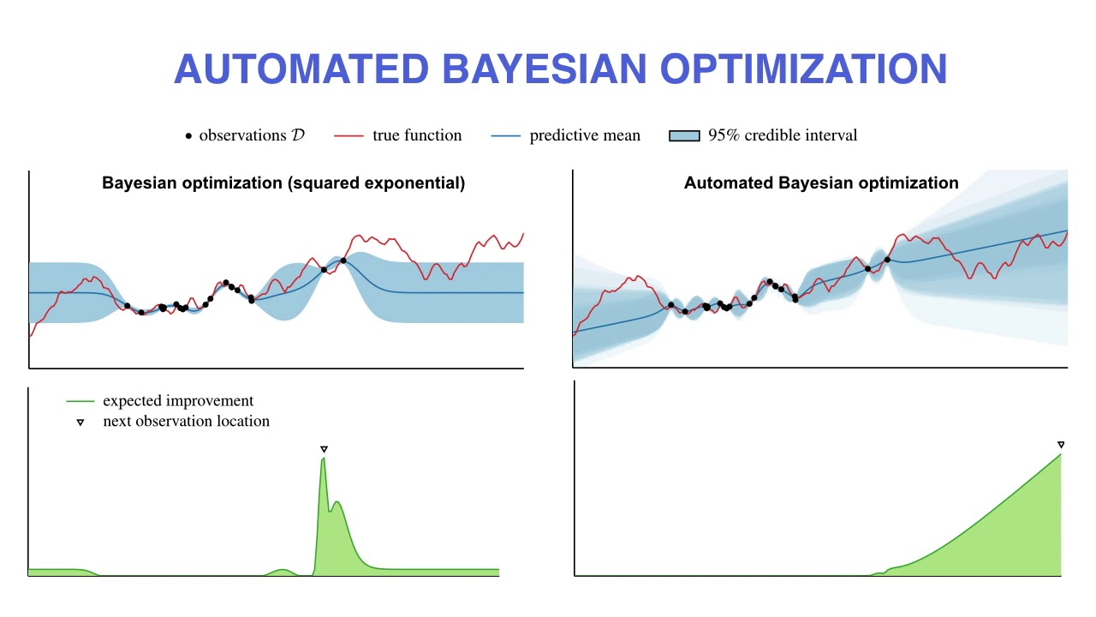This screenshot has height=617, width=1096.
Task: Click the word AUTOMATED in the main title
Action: tap(301, 69)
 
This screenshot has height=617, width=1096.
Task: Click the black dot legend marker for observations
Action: tap(188, 136)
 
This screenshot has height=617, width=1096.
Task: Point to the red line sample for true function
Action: tap(348, 136)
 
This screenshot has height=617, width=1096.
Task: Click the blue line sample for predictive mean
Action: tap(506, 136)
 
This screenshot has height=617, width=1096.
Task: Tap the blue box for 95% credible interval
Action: tap(684, 135)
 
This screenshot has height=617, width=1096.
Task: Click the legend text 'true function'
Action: tap(417, 135)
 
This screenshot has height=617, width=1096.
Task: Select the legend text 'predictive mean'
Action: tap(585, 135)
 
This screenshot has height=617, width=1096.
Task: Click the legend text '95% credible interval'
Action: tap(782, 135)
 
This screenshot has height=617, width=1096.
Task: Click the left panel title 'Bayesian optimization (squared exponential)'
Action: tap(283, 183)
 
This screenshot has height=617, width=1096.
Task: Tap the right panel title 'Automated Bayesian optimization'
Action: tap(821, 183)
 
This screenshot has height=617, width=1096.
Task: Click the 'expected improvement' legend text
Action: tap(178, 401)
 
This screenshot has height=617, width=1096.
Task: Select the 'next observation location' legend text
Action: tap(186, 422)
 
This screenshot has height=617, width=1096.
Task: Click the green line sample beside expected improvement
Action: tap(80, 401)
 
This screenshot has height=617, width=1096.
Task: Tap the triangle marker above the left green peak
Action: tap(324, 449)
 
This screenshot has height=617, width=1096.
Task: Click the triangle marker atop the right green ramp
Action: tap(1061, 445)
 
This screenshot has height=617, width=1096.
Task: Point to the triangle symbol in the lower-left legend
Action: tap(80, 422)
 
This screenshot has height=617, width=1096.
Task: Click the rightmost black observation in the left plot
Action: tap(343, 261)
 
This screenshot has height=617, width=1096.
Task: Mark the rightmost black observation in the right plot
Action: tap(887, 260)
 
